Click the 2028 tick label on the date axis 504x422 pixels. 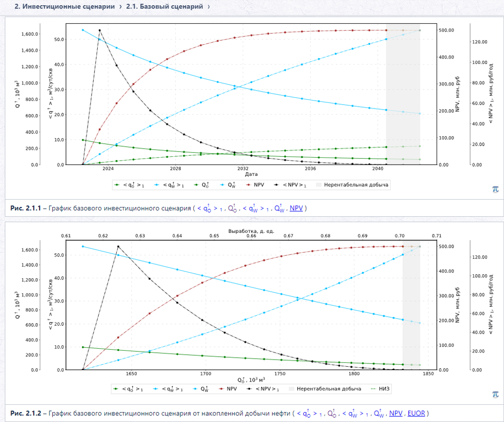tap(175, 169)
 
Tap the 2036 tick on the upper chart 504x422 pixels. tap(310, 169)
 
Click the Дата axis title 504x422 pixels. tap(251, 174)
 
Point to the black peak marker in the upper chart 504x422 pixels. tap(100, 30)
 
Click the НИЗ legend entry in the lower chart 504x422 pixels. tap(380, 389)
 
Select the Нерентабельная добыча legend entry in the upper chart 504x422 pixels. tap(353, 185)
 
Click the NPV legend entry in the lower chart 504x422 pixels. tap(228, 389)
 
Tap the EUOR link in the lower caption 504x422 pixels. tap(416, 413)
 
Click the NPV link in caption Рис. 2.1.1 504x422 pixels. tap(296, 208)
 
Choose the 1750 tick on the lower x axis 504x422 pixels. tap(280, 374)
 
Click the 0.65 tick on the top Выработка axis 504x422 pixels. tap(214, 236)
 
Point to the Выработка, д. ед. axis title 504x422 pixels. tap(251, 231)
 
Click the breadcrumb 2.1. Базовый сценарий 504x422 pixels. tap(164, 6)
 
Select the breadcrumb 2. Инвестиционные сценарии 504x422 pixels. tap(65, 6)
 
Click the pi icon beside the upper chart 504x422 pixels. tap(495, 189)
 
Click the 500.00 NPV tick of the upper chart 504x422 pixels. tap(446, 30)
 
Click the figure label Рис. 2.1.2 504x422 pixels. tap(26, 413)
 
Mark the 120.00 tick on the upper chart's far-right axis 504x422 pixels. tap(480, 42)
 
